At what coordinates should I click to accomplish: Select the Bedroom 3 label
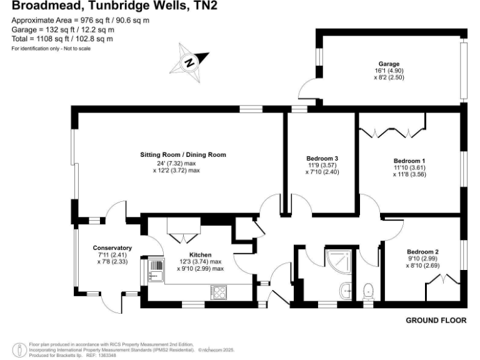click(322, 158)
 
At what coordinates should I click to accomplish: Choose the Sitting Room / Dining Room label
click(182, 154)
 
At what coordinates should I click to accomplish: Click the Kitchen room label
click(200, 254)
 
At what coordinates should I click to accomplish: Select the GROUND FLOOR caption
click(436, 321)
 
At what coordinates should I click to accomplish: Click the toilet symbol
click(368, 291)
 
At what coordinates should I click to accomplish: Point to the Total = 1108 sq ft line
click(62, 39)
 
